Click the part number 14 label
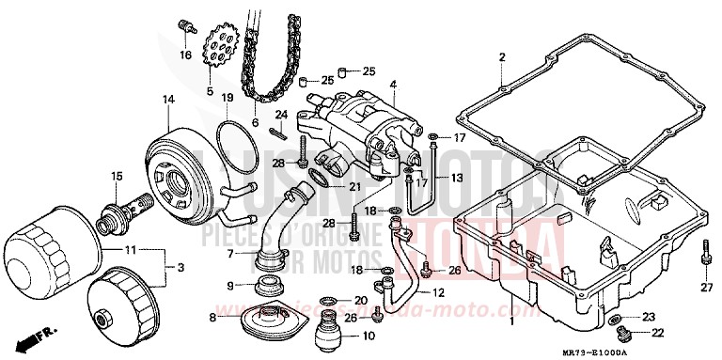pos(168,100)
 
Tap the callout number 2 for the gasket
pos(502,57)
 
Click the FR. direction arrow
pos(42,333)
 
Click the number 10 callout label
pos(368,335)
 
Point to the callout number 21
pos(354,186)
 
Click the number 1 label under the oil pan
pos(511,321)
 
